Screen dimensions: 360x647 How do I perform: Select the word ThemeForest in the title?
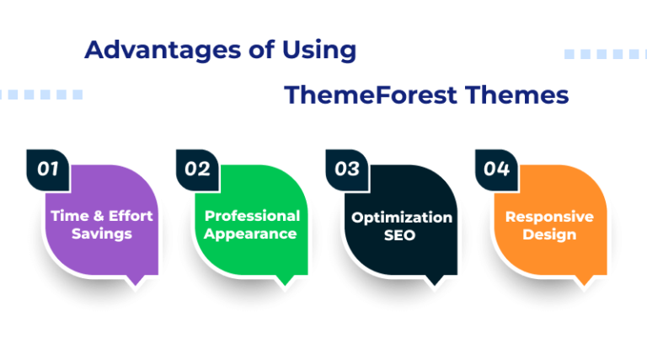tap(361, 95)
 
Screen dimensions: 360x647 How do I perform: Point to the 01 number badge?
tap(48, 169)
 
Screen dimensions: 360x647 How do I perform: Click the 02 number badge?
tap(197, 169)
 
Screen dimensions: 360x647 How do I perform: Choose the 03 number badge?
tap(347, 169)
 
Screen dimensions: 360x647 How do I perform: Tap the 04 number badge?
tap(497, 169)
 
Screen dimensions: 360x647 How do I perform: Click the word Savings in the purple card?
tap(101, 234)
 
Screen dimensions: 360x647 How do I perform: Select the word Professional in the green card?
tap(252, 216)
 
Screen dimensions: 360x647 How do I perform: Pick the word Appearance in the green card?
tap(252, 234)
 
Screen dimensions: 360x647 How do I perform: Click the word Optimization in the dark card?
tap(402, 217)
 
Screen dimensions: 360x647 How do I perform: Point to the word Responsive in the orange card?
tap(549, 217)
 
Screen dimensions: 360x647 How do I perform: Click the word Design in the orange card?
tap(549, 234)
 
